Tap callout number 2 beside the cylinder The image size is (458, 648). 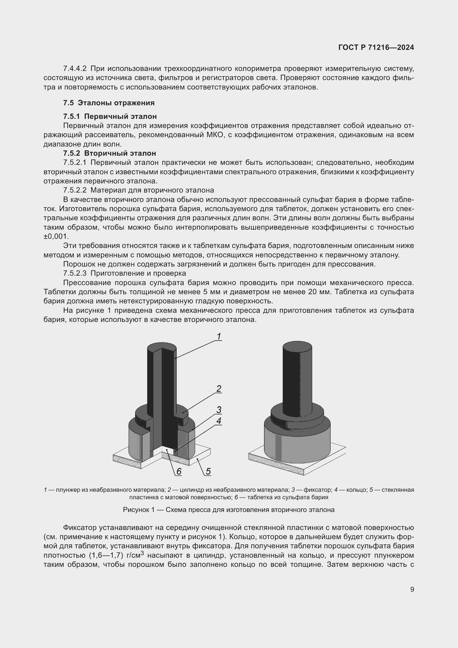218,389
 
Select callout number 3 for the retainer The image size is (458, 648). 219,410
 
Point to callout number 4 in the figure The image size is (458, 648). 219,421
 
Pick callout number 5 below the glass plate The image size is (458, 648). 208,471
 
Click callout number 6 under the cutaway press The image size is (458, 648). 179,471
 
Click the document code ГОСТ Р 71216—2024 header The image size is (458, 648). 376,47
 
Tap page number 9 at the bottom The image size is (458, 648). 412,589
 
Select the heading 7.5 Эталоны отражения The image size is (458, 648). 109,103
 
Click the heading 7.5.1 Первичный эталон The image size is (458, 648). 110,116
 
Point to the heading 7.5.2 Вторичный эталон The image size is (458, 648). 109,153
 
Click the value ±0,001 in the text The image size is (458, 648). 56,237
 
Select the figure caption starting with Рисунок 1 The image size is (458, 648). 229,510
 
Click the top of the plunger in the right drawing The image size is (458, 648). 297,346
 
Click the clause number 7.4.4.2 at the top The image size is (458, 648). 75,69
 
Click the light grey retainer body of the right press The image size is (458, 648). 297,446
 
